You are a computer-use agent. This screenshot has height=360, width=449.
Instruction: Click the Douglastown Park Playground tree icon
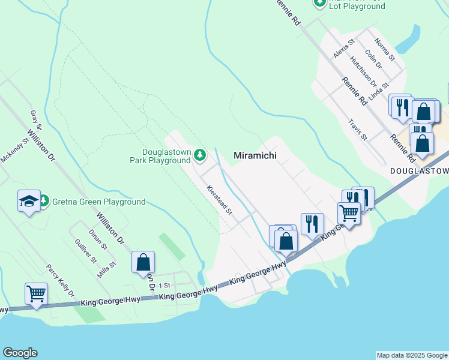[x=200, y=156]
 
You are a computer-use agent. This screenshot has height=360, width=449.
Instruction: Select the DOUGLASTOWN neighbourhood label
[x=419, y=171]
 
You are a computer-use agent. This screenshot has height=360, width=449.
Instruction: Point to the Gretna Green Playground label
[x=98, y=202]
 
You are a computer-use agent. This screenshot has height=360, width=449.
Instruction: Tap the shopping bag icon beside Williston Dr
[x=143, y=262]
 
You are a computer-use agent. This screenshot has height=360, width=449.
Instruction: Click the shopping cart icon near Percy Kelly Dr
[x=36, y=294]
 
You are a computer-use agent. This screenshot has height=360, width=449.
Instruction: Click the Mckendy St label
[x=16, y=151]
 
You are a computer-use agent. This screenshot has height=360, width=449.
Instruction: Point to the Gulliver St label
[x=86, y=251]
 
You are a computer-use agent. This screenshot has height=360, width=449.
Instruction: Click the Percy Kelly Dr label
[x=61, y=280]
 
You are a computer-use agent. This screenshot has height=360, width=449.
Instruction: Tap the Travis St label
[x=358, y=129]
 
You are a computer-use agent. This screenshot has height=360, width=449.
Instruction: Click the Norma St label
[x=384, y=50]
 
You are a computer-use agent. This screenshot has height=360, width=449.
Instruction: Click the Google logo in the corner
[x=20, y=353]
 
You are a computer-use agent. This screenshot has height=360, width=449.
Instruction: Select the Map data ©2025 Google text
[x=412, y=355]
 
